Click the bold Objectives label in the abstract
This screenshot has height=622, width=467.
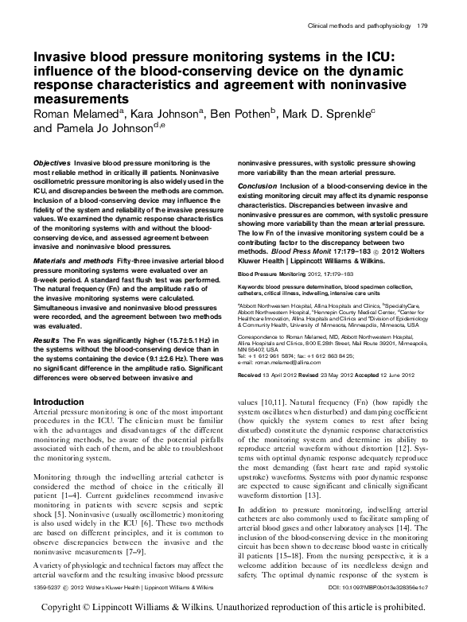tap(53, 162)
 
